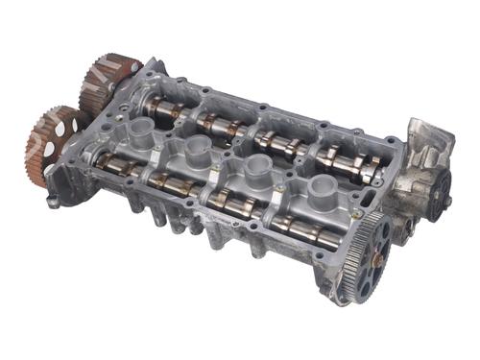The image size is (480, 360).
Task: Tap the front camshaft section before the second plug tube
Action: pos(173,186)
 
